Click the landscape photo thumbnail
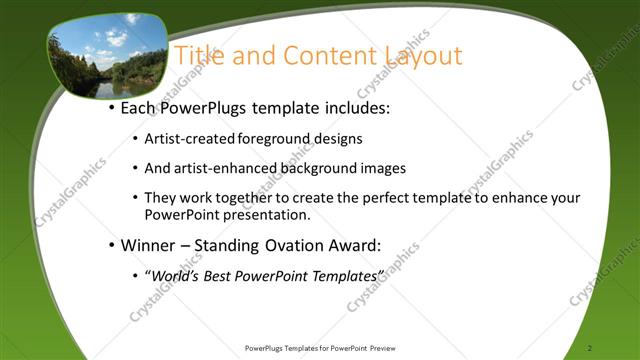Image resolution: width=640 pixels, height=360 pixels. click(x=107, y=57)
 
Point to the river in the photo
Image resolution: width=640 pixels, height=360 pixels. click(x=104, y=88)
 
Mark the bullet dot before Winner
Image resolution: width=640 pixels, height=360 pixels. click(x=111, y=245)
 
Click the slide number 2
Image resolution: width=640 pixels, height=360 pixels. click(x=591, y=348)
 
